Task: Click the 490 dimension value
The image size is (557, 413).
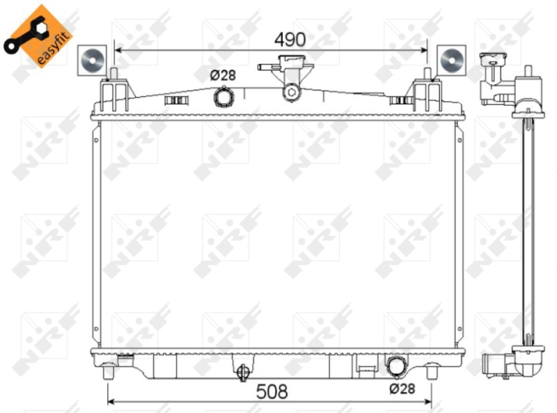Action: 290,40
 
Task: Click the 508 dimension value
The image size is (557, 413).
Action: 272,391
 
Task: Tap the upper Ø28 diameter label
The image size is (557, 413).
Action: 223,75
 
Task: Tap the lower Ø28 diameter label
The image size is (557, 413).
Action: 402,389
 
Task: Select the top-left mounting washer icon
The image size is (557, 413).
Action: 93,60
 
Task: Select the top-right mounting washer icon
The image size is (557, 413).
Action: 451,60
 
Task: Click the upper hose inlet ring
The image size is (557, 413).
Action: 223,97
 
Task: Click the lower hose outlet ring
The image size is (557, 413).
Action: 396,366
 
